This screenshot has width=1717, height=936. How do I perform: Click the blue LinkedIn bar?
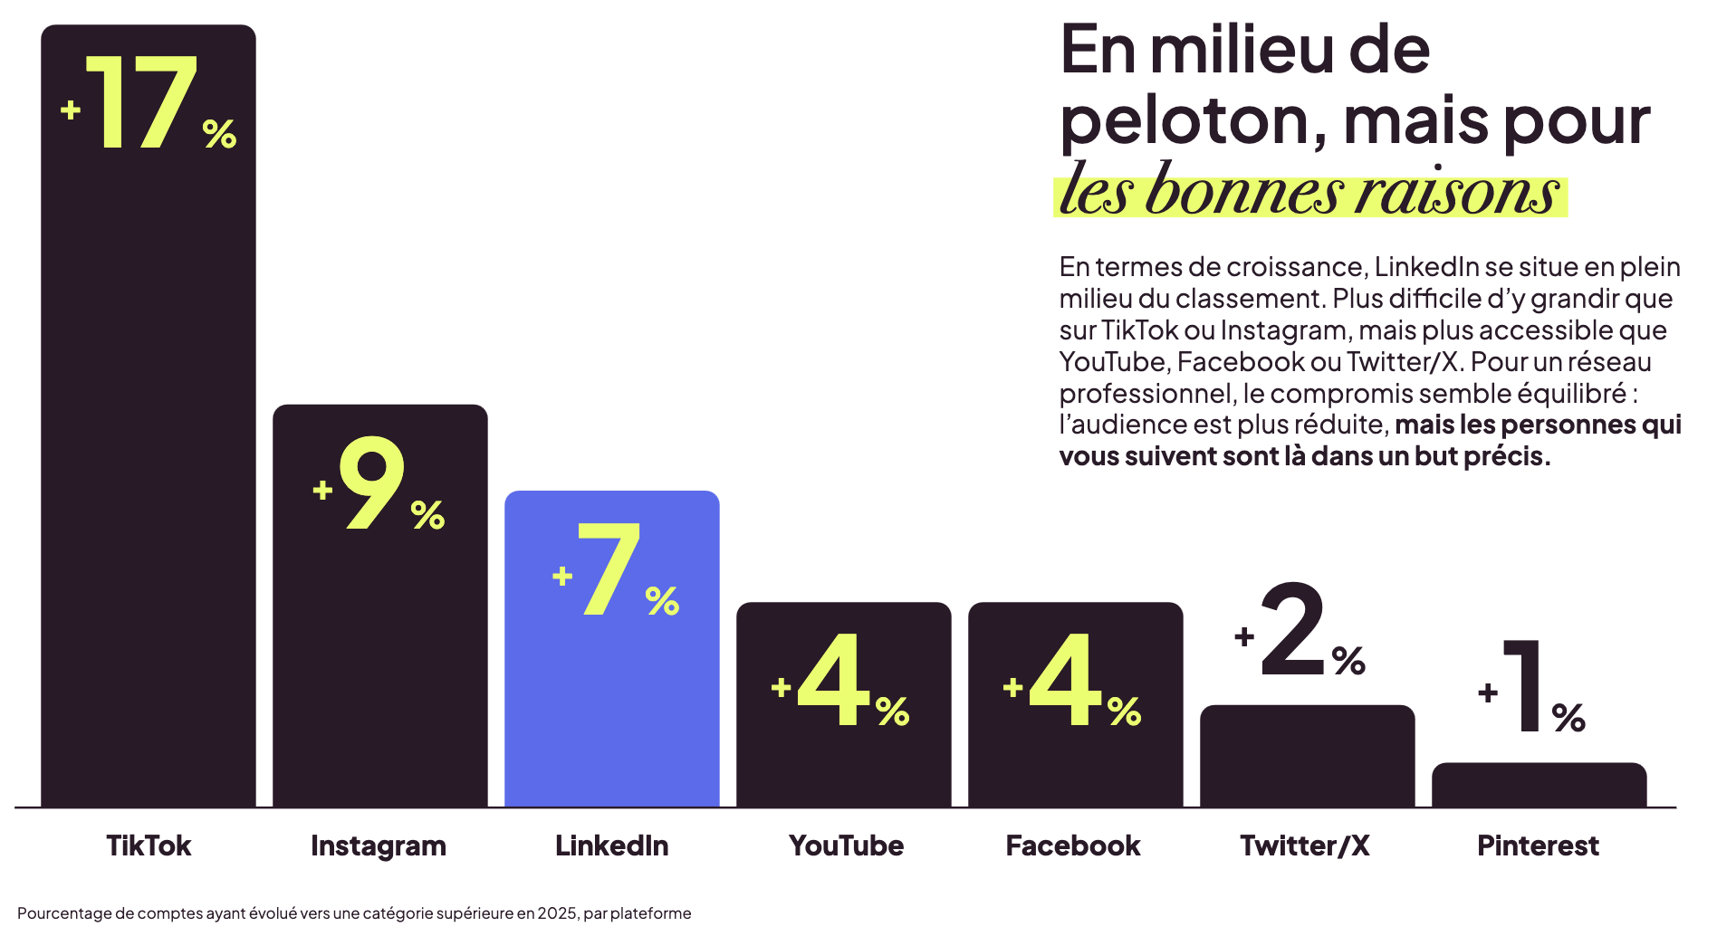click(611, 706)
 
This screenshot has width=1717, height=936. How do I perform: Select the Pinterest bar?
click(1539, 785)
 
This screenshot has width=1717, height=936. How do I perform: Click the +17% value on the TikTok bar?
click(149, 104)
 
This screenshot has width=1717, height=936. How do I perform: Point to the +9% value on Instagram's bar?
click(379, 484)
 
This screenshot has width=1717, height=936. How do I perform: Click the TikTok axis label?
click(149, 845)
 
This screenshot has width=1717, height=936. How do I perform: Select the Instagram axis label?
click(379, 845)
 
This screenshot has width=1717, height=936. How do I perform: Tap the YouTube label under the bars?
click(846, 845)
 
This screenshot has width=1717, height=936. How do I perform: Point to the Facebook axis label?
click(1073, 845)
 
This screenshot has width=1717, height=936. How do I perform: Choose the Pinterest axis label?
click(1538, 845)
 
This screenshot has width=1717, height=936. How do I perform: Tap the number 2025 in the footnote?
click(557, 913)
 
